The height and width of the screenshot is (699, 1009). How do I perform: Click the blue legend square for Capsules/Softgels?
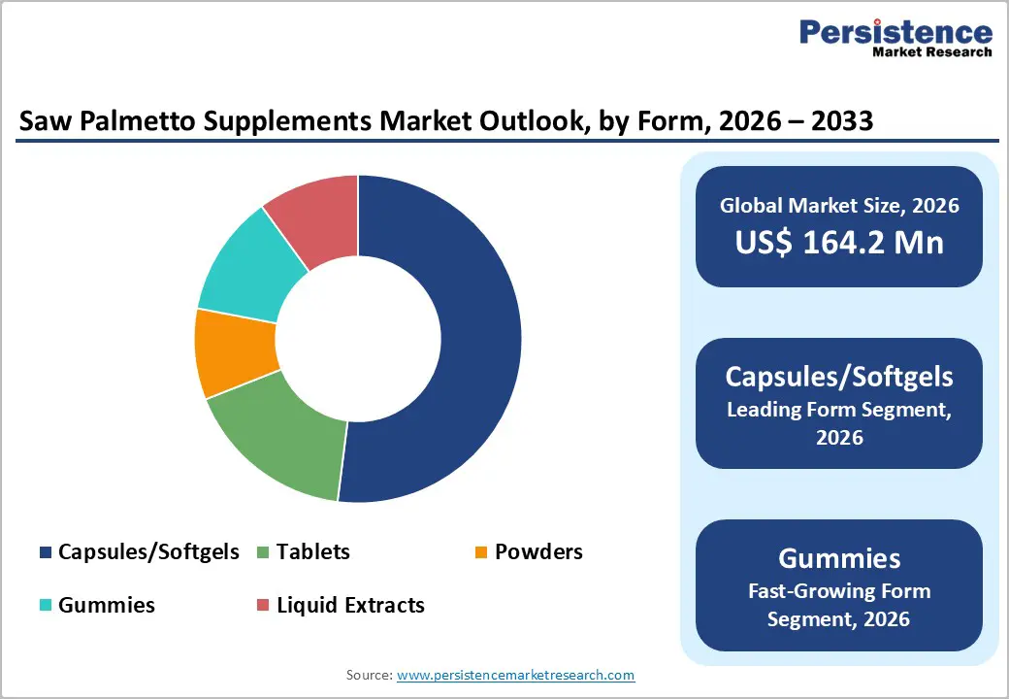click(x=46, y=552)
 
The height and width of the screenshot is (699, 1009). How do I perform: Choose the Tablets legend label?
click(x=312, y=552)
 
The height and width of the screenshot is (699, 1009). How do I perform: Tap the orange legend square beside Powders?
click(x=480, y=552)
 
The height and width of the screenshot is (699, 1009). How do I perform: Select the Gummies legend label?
click(x=106, y=605)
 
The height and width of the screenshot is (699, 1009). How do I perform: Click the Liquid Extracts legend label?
click(x=350, y=605)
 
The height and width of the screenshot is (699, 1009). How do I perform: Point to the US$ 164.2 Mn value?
click(x=839, y=242)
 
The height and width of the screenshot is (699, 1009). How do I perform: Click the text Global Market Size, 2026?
click(x=839, y=205)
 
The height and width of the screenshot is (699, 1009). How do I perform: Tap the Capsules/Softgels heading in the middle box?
click(x=839, y=377)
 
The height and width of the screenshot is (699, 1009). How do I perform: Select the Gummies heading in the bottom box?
click(x=839, y=558)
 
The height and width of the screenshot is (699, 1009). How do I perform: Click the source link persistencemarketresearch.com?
click(x=515, y=675)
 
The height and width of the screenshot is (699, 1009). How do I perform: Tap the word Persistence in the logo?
click(x=895, y=32)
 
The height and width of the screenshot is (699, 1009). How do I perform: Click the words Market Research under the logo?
click(x=931, y=52)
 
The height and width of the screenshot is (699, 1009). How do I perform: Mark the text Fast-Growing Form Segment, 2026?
click(x=839, y=604)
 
